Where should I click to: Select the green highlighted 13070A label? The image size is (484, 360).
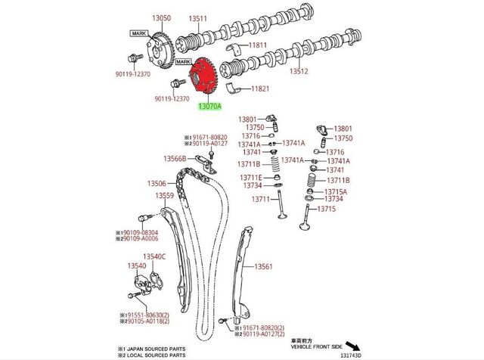(x=209, y=107)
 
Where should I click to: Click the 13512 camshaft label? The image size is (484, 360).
(x=299, y=72)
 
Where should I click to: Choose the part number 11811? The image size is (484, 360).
(x=259, y=45)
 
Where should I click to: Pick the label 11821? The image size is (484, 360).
(x=260, y=88)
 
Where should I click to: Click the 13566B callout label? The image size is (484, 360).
(x=175, y=159)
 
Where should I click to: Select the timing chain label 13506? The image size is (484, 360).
(x=157, y=183)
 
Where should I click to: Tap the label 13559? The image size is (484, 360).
(x=165, y=195)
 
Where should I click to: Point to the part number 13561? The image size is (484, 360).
(x=263, y=266)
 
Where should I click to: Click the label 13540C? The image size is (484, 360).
(x=154, y=256)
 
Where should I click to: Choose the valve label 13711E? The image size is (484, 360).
(x=253, y=177)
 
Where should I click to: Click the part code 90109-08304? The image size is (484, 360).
(x=141, y=232)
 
